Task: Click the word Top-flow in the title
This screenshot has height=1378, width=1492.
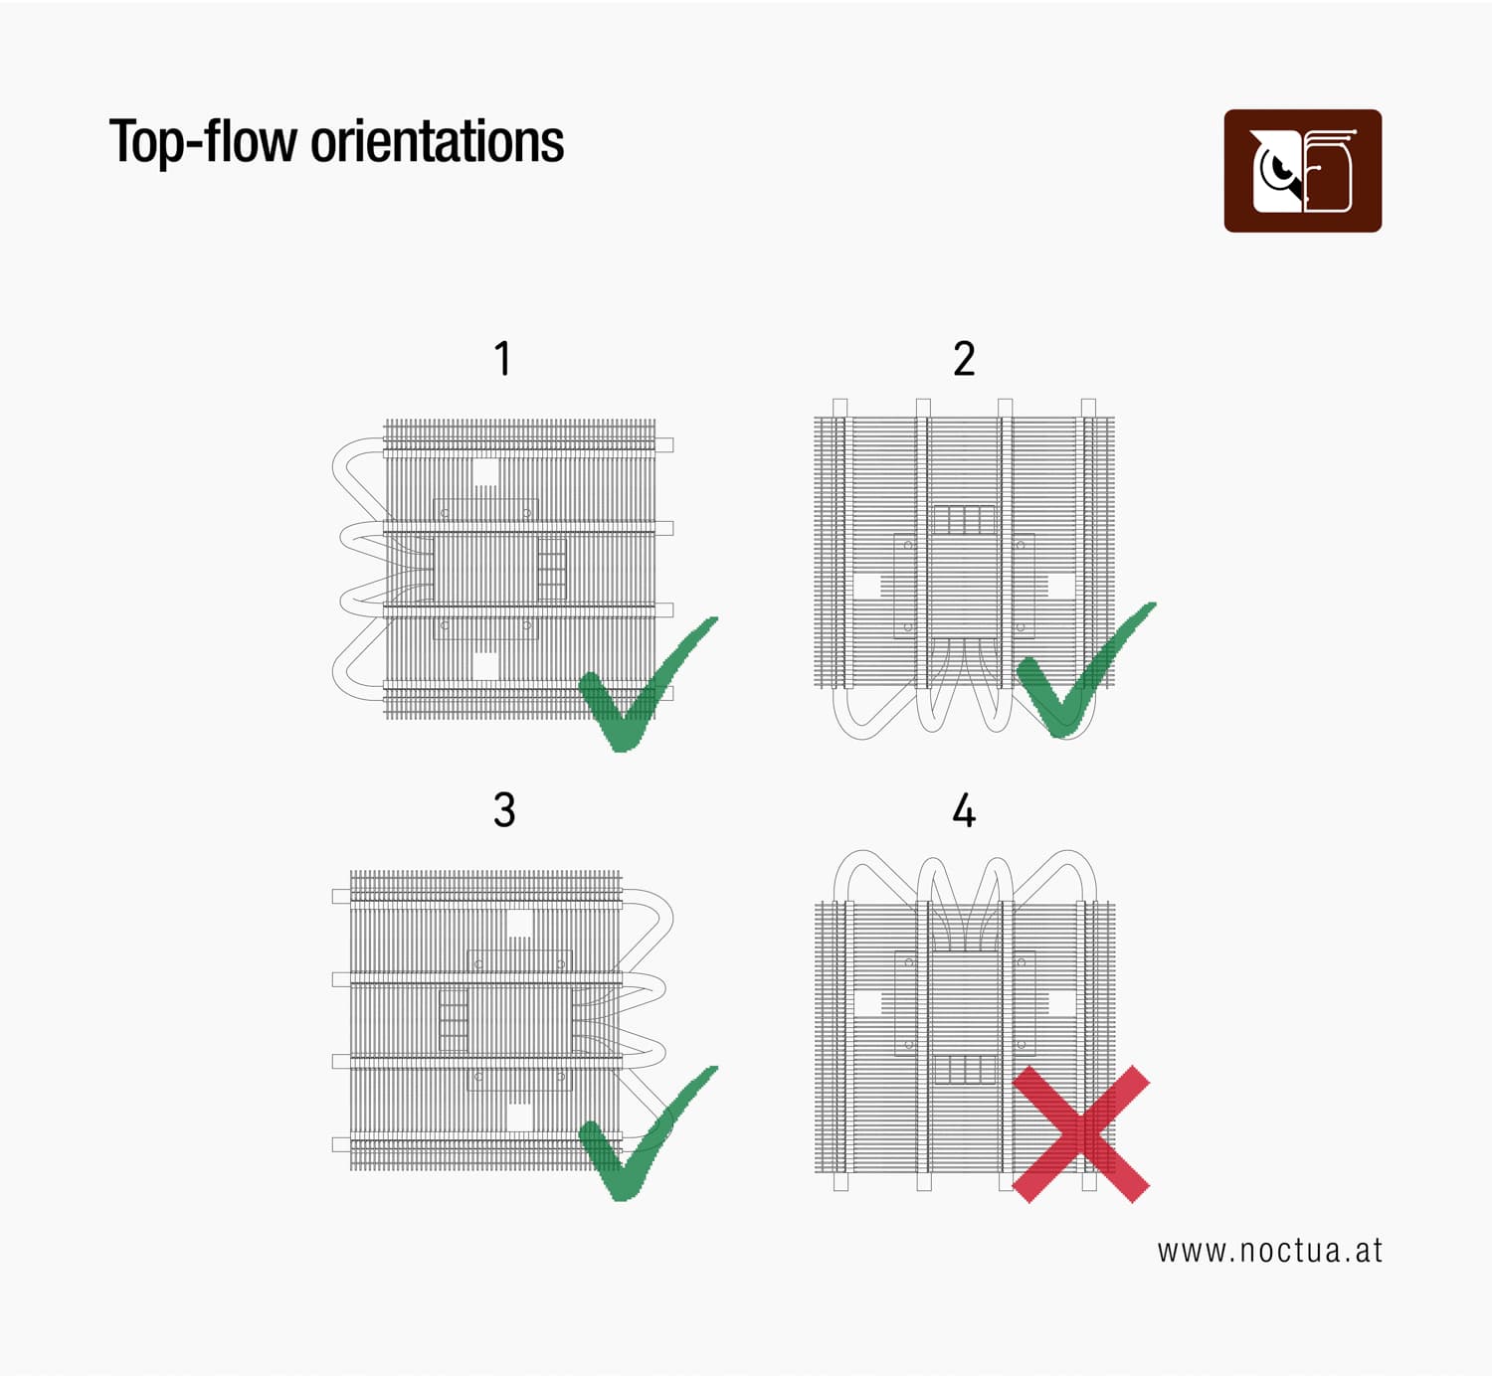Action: (204, 142)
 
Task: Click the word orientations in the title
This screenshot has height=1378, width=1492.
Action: (438, 141)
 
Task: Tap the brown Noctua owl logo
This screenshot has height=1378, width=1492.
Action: (1302, 170)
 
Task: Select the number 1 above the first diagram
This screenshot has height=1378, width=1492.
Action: (503, 358)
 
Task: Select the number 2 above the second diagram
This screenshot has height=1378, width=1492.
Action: (964, 358)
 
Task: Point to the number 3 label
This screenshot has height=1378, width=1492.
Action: (504, 810)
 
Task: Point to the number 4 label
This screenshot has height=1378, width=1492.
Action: (964, 810)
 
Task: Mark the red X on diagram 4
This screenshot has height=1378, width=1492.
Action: (1081, 1133)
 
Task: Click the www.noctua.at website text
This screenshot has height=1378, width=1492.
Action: (1269, 1251)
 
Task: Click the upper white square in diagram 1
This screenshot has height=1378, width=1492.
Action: (485, 471)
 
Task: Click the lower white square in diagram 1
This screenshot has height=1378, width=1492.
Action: (485, 666)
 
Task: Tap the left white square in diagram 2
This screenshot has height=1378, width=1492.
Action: (867, 586)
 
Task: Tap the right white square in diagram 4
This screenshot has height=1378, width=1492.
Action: (1060, 1003)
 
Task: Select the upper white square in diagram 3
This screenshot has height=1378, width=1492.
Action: (519, 923)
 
